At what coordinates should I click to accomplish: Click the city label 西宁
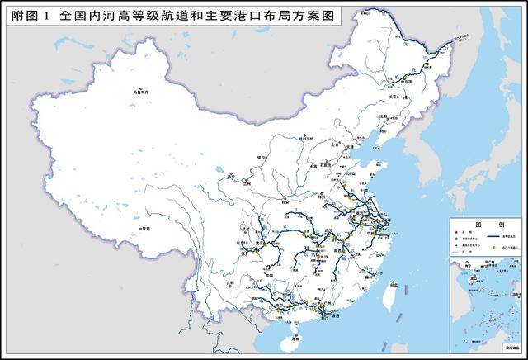pyautogui.click(x=232, y=175)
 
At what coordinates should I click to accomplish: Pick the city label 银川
pyautogui.click(x=263, y=154)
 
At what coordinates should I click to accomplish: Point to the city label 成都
pyautogui.click(x=244, y=229)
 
